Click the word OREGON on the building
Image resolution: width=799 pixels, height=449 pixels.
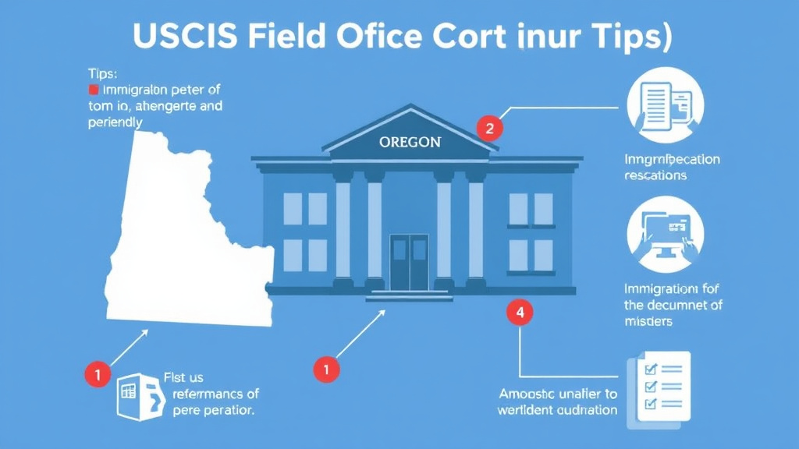click(x=410, y=143)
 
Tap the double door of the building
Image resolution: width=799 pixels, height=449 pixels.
click(x=409, y=262)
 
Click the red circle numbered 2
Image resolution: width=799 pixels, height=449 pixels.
click(x=489, y=129)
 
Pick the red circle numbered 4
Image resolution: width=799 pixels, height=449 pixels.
click(x=520, y=313)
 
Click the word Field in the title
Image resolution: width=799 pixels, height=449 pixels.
click(x=286, y=37)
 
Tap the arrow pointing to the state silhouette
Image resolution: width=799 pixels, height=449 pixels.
click(x=130, y=346)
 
